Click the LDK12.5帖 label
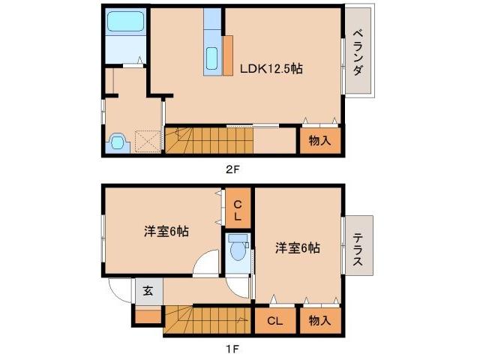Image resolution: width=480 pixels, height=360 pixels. pyautogui.click(x=271, y=67)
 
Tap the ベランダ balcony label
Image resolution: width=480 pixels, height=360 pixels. pyautogui.click(x=358, y=52)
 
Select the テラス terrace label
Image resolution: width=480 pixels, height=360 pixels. pyautogui.click(x=358, y=245)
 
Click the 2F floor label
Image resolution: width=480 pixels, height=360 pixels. pyautogui.click(x=233, y=170)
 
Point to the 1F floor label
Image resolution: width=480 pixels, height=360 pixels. pyautogui.click(x=232, y=348)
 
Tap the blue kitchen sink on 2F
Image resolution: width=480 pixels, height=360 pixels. pyautogui.click(x=212, y=57)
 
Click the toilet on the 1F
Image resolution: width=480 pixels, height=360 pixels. pyautogui.click(x=238, y=248)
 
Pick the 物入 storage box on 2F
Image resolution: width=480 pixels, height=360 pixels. pyautogui.click(x=320, y=140)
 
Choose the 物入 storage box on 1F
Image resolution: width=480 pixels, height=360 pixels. pyautogui.click(x=320, y=320)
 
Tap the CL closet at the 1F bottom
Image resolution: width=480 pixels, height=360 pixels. pyautogui.click(x=274, y=320)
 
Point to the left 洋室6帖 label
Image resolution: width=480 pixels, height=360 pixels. pyautogui.click(x=166, y=231)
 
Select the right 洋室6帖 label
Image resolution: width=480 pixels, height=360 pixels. pyautogui.click(x=297, y=247)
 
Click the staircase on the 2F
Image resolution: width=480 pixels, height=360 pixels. pyautogui.click(x=209, y=139)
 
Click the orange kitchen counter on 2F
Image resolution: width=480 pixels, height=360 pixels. pyautogui.click(x=228, y=55)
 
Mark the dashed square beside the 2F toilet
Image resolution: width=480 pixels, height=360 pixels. pyautogui.click(x=148, y=140)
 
